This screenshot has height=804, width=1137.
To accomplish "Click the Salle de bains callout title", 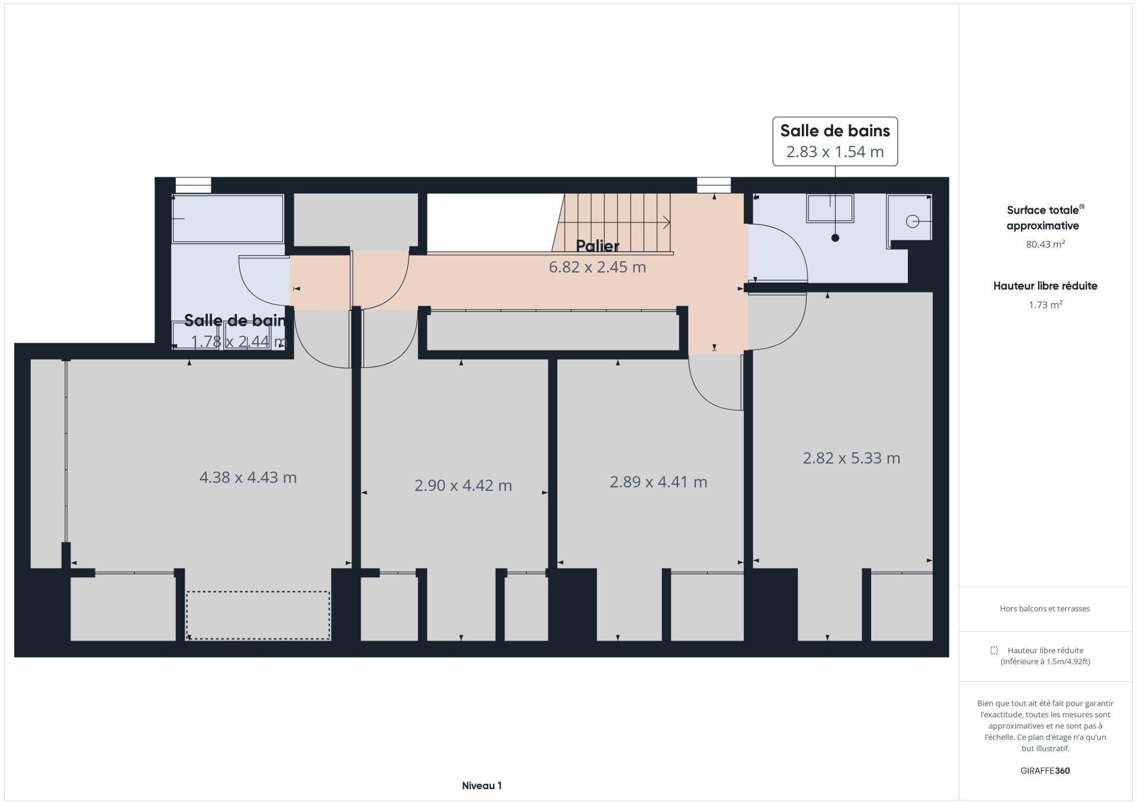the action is coord(835,130).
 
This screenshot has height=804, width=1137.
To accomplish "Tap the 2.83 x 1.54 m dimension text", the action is coord(835,152).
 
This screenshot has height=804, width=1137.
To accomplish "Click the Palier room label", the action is coord(598,246).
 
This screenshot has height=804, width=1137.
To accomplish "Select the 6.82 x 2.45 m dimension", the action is coord(597,267).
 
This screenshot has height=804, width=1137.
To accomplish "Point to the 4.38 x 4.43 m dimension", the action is coord(248,478).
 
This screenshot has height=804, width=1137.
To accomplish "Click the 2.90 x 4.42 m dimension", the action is coord(463,485).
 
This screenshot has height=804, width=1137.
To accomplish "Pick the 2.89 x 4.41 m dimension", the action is coord(659,482).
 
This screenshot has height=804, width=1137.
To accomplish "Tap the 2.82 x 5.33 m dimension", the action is coord(852,458).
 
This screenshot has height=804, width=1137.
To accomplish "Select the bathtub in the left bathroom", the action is coord(228,218).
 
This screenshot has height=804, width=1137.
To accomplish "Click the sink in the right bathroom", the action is coord(830,208).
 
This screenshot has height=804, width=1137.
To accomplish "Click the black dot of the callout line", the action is coord(835,238).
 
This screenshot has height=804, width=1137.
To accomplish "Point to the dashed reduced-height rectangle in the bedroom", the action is coord(258,615).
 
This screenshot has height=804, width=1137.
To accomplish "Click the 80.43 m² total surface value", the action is coord(1045,244).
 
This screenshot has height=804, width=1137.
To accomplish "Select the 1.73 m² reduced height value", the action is coord(1045,305).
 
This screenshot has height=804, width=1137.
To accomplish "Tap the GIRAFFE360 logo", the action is coord(1045,771).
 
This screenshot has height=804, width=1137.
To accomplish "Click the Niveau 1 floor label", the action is coord(481,786).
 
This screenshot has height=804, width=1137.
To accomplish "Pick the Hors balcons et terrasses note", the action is coord(1045,609).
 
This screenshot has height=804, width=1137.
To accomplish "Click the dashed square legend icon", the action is coord(994,651).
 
